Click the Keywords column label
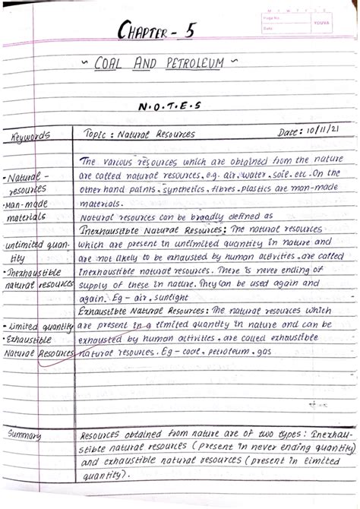tap(31, 137)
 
